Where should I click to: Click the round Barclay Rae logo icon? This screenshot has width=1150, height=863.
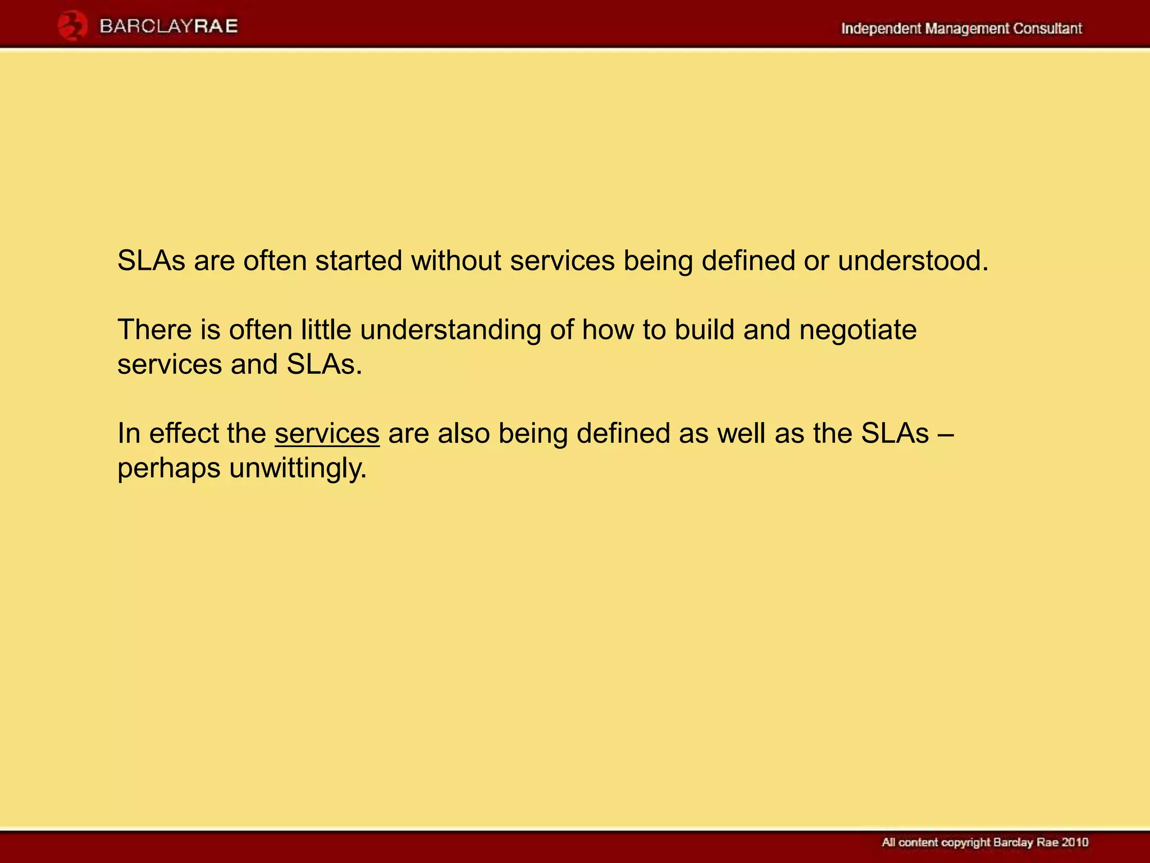[x=72, y=26]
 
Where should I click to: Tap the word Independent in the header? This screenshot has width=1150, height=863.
[x=880, y=28]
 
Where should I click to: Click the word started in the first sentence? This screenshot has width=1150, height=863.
[x=359, y=261]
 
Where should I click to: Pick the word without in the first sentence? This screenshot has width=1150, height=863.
[x=456, y=261]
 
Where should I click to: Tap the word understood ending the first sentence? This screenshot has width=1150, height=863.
[x=912, y=261]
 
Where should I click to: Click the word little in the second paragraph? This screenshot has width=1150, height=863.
[x=326, y=329]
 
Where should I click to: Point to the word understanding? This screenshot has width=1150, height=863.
[x=450, y=330]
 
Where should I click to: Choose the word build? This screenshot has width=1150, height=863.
[x=704, y=329]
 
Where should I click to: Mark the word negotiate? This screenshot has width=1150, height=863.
[x=857, y=330]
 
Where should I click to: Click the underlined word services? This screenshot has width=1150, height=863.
[x=327, y=434]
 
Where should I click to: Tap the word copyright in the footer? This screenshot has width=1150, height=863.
[x=965, y=843]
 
